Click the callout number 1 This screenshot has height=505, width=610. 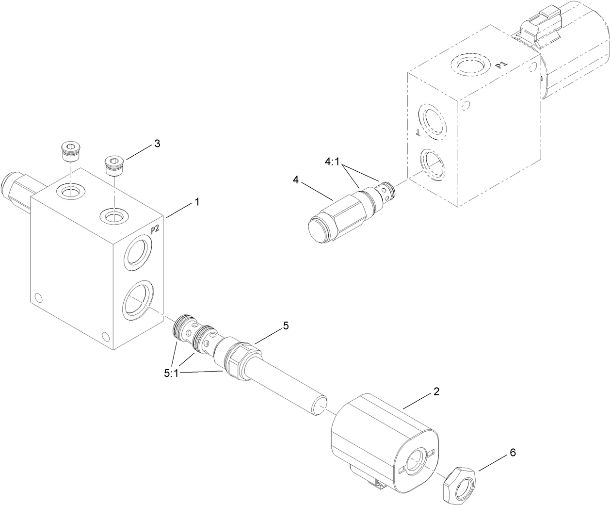point(196,201)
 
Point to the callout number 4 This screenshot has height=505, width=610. point(295,179)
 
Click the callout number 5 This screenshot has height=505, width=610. point(286,326)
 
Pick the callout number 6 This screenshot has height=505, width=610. point(513,453)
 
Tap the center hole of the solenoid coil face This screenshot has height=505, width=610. point(415,460)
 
